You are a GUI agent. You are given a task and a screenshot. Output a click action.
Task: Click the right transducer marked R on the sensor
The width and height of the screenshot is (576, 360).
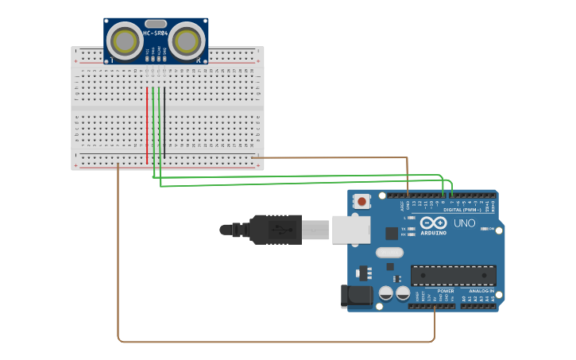(186, 41)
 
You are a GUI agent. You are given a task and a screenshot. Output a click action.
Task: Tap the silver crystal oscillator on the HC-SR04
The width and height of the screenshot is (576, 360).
(156, 24)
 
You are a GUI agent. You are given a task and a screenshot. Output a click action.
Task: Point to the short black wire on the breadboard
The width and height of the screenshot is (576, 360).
(165, 119)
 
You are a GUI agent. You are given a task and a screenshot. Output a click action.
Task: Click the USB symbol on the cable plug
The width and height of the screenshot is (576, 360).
(276, 230)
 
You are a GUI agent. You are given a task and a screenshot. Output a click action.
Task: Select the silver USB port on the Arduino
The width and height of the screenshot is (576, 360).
(350, 229)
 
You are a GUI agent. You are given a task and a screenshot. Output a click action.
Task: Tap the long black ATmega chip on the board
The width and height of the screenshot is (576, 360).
(453, 276)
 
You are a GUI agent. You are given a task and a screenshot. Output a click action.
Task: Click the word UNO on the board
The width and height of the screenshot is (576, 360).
(465, 223)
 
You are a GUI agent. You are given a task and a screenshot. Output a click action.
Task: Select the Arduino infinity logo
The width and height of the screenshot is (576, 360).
(434, 223)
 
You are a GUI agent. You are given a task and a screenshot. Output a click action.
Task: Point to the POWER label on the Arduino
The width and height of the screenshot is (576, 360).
(446, 291)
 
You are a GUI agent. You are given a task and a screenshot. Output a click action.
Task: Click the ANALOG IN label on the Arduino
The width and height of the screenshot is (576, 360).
(481, 291)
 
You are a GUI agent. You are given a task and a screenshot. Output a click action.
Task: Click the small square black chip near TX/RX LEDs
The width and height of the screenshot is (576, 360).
(392, 233)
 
